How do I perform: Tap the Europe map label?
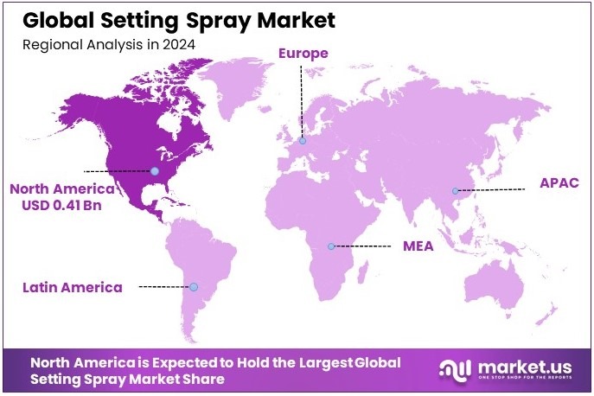point(303,54)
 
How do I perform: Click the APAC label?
point(559,183)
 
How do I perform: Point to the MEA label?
point(418,246)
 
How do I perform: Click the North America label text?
point(61,188)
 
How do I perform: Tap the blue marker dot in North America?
point(155,170)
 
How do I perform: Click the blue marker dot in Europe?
point(303,140)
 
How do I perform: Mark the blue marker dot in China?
point(456,190)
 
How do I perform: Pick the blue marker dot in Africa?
point(330,246)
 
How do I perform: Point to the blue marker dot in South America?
point(194,287)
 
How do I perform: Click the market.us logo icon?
point(455,370)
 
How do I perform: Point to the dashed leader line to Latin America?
point(164,287)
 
